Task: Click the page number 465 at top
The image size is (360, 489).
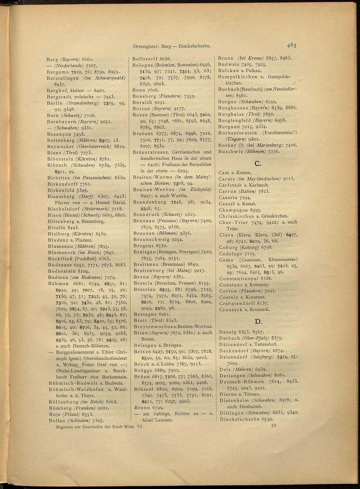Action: [291, 45]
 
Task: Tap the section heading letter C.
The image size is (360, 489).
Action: [257, 164]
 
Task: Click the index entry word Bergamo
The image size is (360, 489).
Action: [58, 72]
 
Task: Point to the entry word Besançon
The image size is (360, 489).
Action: [59, 134]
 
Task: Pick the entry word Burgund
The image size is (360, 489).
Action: [229, 126]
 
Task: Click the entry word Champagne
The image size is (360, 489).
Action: [232, 210]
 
